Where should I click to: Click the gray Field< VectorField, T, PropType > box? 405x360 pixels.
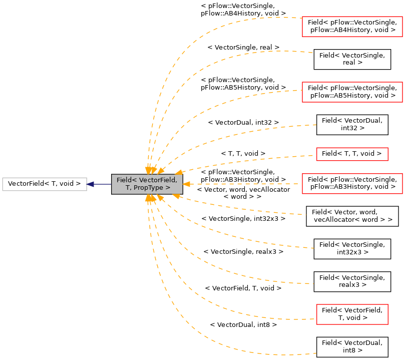point(147,184)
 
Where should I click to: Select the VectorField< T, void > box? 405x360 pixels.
point(45,184)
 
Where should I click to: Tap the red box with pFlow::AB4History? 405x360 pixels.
point(352,27)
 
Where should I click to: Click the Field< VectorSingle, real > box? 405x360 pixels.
point(352,59)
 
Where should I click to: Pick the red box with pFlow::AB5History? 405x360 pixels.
point(352,91)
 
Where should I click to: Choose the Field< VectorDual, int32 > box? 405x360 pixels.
point(352,124)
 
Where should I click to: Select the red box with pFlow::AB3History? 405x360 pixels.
point(352,183)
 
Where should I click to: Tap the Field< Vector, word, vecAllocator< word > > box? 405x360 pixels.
point(352,216)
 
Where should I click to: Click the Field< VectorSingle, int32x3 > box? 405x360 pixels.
point(352,248)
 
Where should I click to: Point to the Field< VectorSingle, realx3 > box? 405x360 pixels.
point(352,281)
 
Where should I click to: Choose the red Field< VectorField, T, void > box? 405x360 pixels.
point(352,314)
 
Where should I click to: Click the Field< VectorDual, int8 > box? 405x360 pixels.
point(352,346)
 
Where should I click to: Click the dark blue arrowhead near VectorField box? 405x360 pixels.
point(91,184)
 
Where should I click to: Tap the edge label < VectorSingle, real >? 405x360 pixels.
point(243,47)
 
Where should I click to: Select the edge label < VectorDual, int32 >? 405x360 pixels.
point(243,122)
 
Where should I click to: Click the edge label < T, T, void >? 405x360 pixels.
point(243,153)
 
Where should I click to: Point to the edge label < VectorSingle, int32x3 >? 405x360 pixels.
point(243,219)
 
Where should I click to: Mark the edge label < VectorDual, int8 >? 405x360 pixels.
point(243,324)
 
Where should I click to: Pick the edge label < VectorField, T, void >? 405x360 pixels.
point(243,288)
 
